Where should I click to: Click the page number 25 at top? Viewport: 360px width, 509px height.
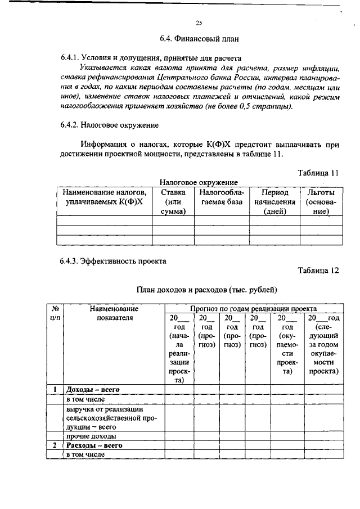[x=199, y=22]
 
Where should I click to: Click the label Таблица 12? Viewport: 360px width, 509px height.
[x=318, y=270]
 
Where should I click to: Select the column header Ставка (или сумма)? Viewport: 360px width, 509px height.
[x=173, y=202]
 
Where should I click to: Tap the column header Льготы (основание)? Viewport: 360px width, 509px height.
[x=321, y=202]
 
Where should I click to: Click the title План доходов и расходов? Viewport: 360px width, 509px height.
[x=208, y=290]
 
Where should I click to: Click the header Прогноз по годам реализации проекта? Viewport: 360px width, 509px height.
[x=253, y=308]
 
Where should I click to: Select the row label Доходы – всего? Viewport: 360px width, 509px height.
[x=93, y=389]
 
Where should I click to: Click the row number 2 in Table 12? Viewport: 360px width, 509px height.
[x=55, y=445]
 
